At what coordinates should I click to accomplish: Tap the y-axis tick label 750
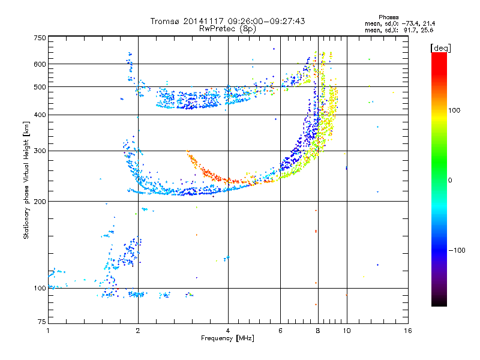pyautogui.click(x=40, y=38)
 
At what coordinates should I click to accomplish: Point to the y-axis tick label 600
pyautogui.click(x=40, y=64)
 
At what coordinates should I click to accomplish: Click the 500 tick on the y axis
pyautogui.click(x=40, y=87)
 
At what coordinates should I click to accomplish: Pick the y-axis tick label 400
pyautogui.click(x=40, y=115)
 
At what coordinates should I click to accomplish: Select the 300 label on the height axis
pyautogui.click(x=40, y=151)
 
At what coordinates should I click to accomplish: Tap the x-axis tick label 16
pyautogui.click(x=407, y=331)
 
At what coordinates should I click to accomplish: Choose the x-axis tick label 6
pyautogui.click(x=281, y=331)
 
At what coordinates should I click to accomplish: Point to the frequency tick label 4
pyautogui.click(x=228, y=331)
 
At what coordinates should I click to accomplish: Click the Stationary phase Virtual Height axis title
pyautogui.click(x=26, y=181)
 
